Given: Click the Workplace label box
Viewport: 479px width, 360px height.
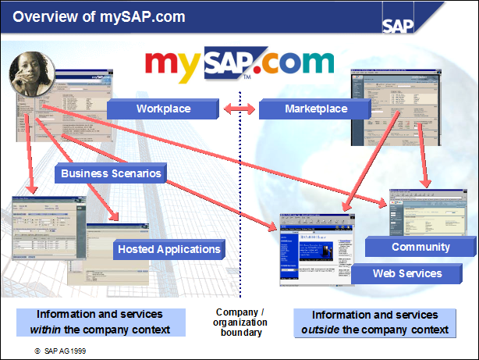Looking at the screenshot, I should click(x=163, y=109).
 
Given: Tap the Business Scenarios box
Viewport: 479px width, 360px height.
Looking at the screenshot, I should click(x=111, y=173).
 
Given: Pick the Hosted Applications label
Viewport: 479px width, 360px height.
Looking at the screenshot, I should click(x=169, y=250).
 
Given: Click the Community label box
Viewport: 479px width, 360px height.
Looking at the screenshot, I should click(x=420, y=247).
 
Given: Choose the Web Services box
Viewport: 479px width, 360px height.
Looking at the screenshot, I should click(x=406, y=273).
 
